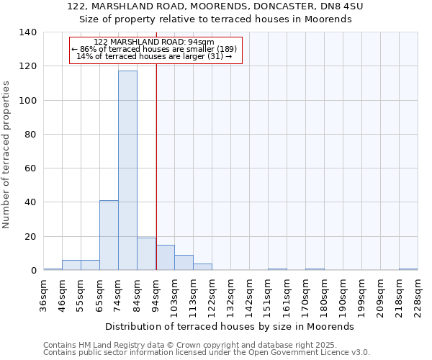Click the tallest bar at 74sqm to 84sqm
coord(127,171)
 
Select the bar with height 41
coord(109,235)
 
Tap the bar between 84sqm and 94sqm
coord(146,254)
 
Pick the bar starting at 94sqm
coord(165,258)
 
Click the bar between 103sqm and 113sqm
coord(184,263)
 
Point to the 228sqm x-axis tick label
coord(418,295)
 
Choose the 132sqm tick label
coord(230,295)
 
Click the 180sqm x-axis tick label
coord(324,295)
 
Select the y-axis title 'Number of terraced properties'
coord(6,154)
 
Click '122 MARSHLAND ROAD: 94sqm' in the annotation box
coord(154,42)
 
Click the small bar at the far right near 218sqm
coord(408,269)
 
